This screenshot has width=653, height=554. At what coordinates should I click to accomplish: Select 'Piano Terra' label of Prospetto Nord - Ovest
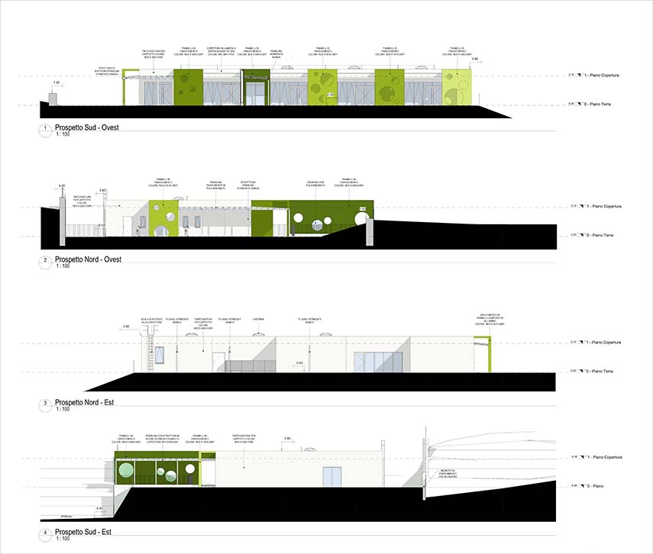coord(598,235)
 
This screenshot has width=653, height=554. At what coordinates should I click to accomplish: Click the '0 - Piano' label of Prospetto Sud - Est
coord(594,486)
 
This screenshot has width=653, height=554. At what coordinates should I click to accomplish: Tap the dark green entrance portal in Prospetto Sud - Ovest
coord(257,87)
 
